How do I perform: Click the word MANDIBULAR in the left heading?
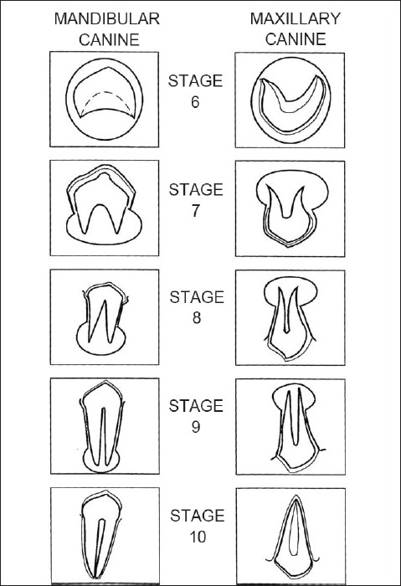pyautogui.click(x=107, y=18)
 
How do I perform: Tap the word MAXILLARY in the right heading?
pyautogui.click(x=296, y=18)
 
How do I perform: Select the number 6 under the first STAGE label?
pyautogui.click(x=195, y=102)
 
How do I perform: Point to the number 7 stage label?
pyautogui.click(x=196, y=211)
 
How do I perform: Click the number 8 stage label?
pyautogui.click(x=197, y=317)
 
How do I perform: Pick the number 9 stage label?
pyautogui.click(x=196, y=426)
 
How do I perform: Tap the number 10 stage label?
pyautogui.click(x=198, y=537)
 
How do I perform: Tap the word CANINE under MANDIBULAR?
pyautogui.click(x=109, y=39)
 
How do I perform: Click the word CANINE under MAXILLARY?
pyautogui.click(x=296, y=39)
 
